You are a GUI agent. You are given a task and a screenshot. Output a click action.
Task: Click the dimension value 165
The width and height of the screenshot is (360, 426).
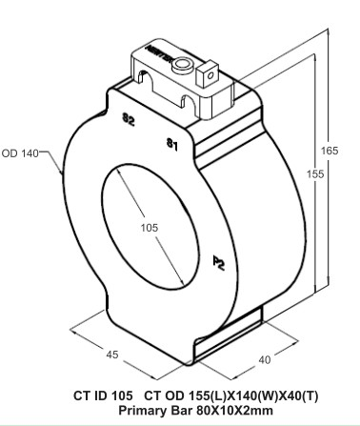[330, 151]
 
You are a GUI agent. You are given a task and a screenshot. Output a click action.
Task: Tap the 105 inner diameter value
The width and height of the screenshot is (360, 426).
[148, 229]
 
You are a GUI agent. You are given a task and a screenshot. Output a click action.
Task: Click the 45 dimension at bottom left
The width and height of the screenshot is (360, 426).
[111, 355]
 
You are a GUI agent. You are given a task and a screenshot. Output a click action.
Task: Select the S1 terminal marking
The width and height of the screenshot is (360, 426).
[170, 145]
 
